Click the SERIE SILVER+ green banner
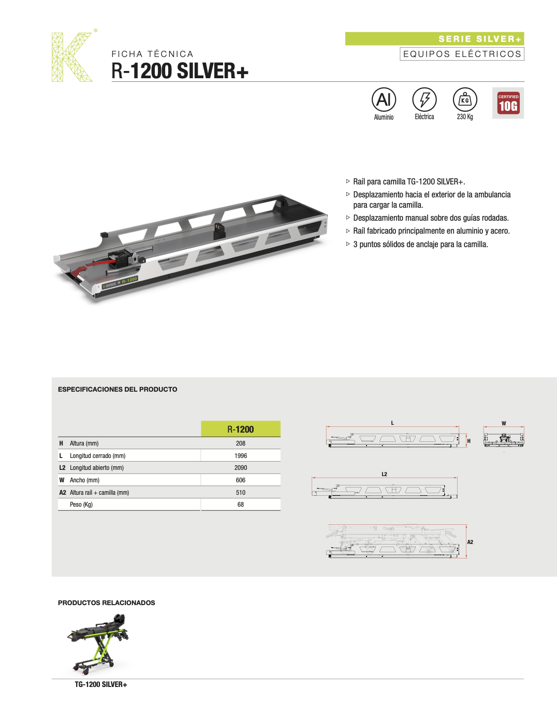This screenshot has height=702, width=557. click(x=434, y=39)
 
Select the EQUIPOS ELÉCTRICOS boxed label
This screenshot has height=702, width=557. click(x=462, y=54)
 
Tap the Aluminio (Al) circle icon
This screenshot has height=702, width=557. click(x=384, y=99)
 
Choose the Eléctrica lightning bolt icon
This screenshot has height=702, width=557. click(x=424, y=99)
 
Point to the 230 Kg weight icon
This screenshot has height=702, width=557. click(x=465, y=99)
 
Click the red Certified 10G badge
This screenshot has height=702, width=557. click(x=508, y=104)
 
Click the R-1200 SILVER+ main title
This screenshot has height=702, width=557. click(x=180, y=71)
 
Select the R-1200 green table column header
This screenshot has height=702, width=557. click(x=241, y=429)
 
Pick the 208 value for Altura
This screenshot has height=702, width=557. click(x=241, y=443)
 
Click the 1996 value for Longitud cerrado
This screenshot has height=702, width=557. click(x=241, y=456)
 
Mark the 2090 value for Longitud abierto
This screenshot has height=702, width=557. click(x=241, y=468)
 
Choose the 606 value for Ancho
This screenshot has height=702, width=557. click(x=241, y=480)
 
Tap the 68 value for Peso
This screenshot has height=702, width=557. click(x=241, y=505)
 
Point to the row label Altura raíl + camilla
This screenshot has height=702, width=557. click(x=99, y=493)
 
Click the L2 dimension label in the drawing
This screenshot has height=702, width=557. click(x=384, y=474)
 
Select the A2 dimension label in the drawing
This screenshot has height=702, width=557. click(x=470, y=542)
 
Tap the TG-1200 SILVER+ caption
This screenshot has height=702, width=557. click(x=101, y=684)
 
